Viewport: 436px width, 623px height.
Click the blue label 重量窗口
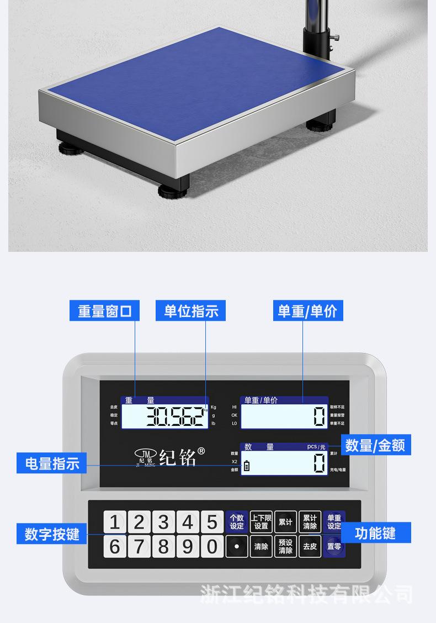(104, 311)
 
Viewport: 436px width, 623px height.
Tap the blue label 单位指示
(191, 311)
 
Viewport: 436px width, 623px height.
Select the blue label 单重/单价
(307, 311)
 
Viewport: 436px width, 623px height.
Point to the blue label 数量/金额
(376, 445)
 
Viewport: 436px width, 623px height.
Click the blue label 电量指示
(52, 463)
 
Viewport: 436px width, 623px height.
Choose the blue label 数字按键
(52, 534)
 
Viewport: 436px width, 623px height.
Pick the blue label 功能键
(375, 534)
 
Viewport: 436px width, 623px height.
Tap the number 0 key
(212, 547)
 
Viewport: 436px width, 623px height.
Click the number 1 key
(115, 522)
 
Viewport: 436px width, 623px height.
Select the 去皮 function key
(310, 547)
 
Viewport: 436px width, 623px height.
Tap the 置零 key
(334, 547)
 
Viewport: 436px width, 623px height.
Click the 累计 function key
(285, 522)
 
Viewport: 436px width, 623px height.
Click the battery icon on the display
(246, 466)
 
